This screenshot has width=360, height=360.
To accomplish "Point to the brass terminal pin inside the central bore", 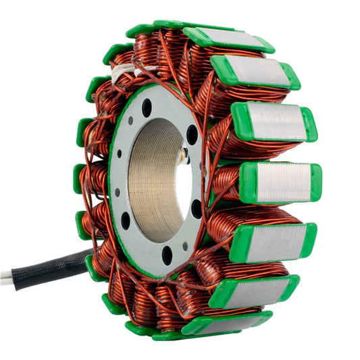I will (182, 155).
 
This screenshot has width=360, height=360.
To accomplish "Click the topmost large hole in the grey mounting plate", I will (147, 107).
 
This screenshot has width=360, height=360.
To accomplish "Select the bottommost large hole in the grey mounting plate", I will (167, 255).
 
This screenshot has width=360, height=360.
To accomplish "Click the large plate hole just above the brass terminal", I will (192, 134).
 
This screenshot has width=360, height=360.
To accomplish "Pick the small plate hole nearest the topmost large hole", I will (130, 120).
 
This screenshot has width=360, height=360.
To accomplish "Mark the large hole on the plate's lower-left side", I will (126, 220).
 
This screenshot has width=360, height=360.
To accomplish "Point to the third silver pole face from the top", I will (277, 122).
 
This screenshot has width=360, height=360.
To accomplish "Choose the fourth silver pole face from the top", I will (284, 182).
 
